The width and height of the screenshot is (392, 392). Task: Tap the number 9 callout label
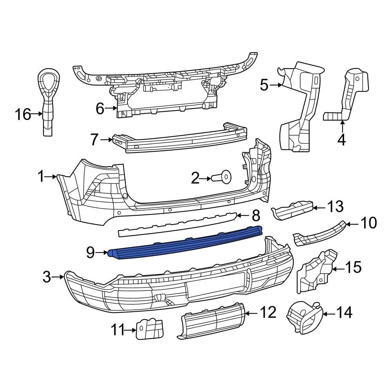pos(90,253)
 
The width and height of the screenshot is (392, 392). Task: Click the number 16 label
pos(23,114)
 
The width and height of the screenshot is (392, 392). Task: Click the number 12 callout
pos(268,312)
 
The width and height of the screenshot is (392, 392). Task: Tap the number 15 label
pos(353,268)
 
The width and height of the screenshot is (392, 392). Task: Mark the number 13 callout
pos(336,206)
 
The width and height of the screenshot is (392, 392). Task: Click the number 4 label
pos(341,140)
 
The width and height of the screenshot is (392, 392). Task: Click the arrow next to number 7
pos(106,139)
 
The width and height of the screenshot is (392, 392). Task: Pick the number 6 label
pos(100,109)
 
